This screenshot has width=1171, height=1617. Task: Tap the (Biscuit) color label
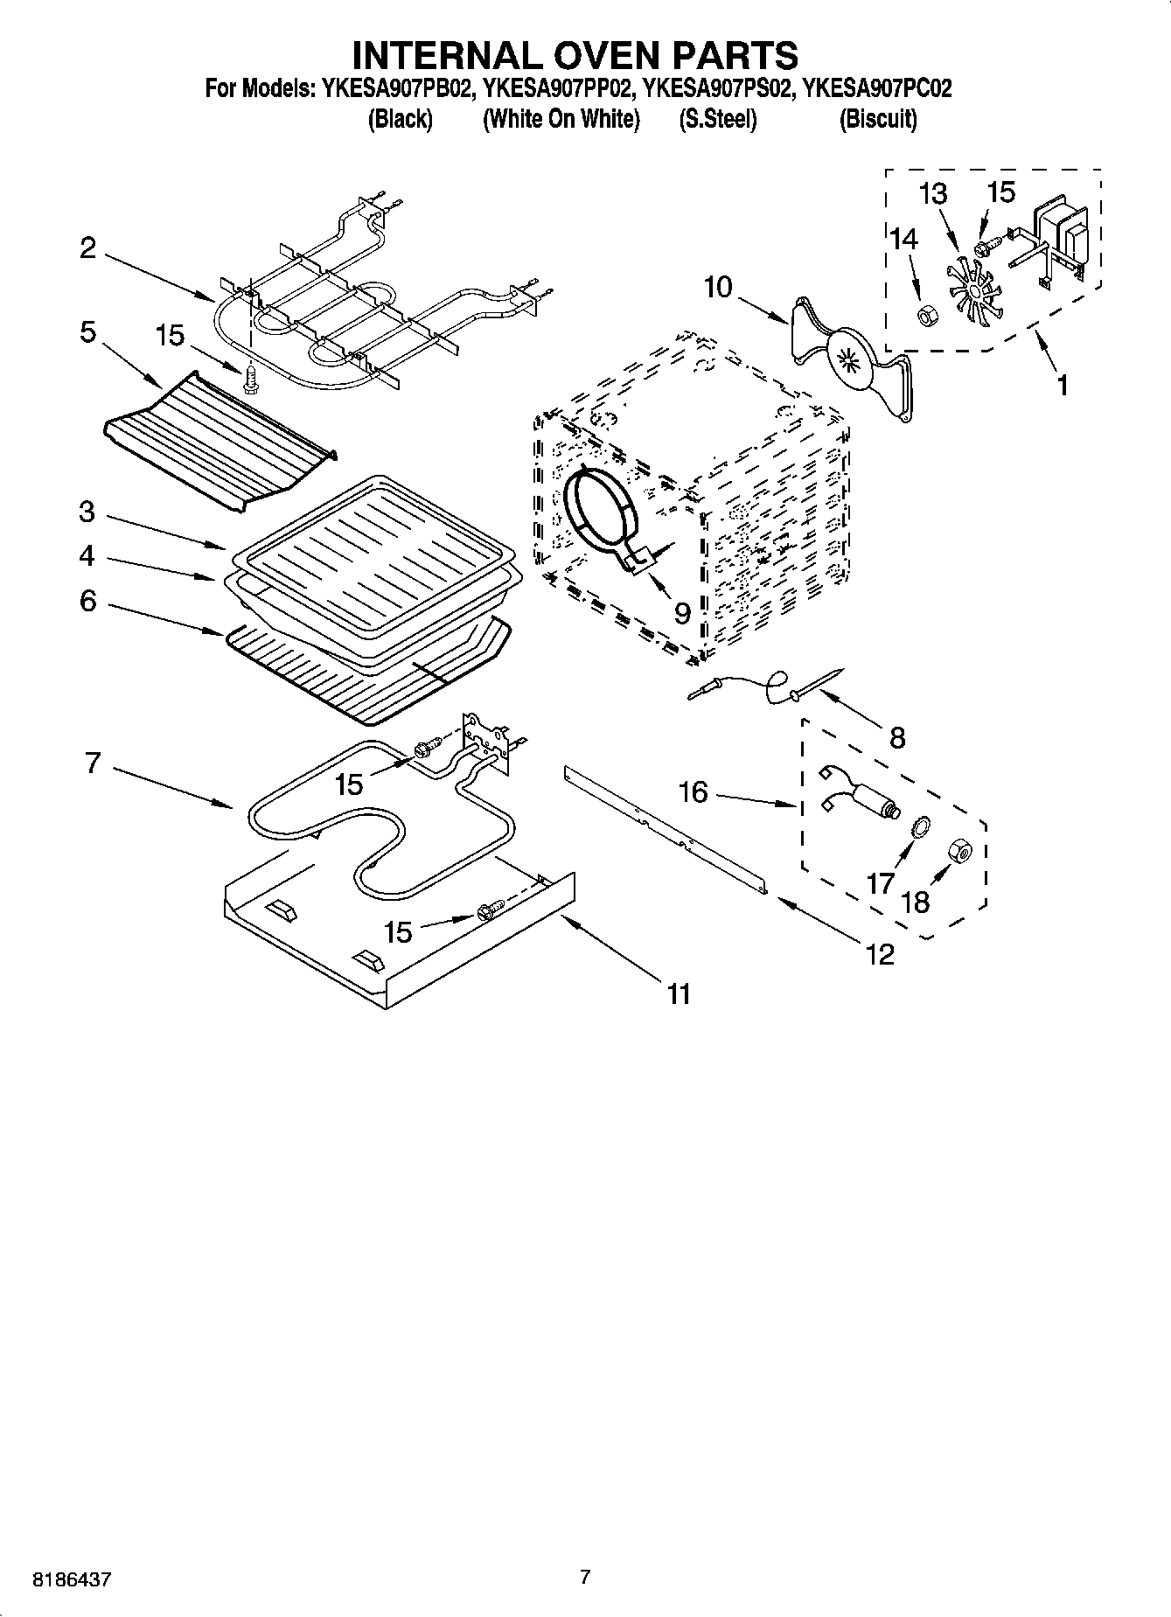pos(877,120)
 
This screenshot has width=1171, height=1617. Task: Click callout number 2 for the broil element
pos(88,248)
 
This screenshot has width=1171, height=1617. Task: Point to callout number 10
pos(717,287)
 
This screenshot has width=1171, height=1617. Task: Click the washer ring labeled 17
pos(920,826)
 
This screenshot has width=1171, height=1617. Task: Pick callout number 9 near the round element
pos(681,612)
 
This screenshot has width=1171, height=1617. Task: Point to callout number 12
pos(880,954)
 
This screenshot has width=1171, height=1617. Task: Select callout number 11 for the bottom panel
pos(679,993)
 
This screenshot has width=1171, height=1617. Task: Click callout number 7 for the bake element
pos(93,763)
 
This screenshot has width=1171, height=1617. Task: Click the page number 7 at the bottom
pos(585,1578)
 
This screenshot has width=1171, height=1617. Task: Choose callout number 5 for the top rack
pos(87,333)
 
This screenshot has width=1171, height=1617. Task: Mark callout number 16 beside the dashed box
pos(693,792)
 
